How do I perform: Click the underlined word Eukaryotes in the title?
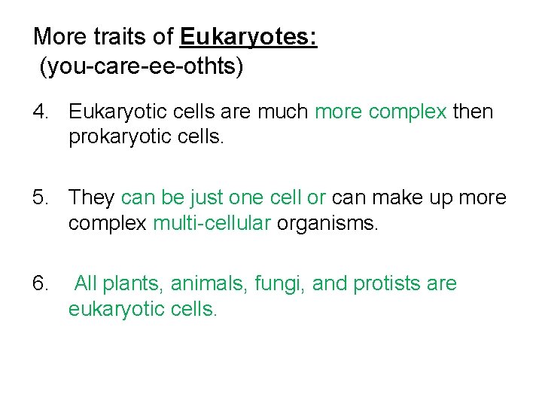pos(248,37)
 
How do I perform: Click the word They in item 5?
pos(92,197)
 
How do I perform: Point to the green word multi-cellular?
pos(212,224)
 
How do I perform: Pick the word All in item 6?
pos(86,283)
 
